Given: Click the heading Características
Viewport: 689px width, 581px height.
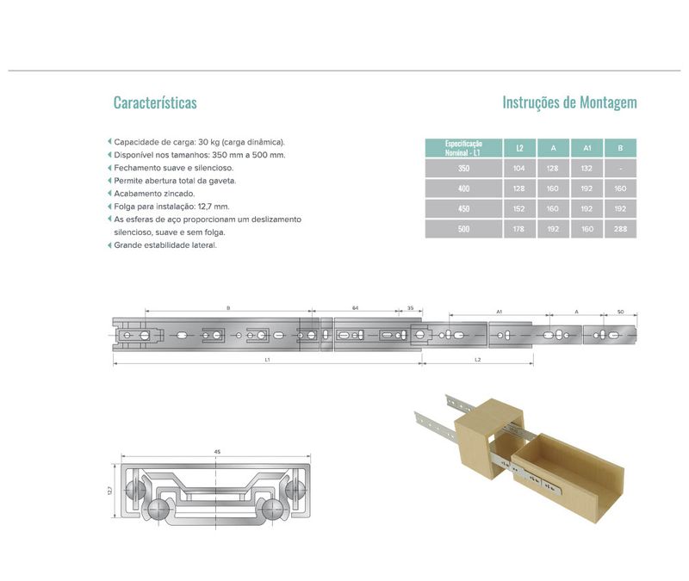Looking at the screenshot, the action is click(x=155, y=102).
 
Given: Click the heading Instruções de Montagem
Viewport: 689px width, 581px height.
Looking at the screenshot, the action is click(x=569, y=102).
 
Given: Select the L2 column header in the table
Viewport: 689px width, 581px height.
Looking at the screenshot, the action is click(x=519, y=148).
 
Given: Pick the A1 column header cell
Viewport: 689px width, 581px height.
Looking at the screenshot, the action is click(x=587, y=148).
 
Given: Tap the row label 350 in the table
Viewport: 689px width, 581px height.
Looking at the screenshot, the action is click(x=463, y=168).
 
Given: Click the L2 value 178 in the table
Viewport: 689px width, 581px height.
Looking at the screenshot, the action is click(x=519, y=229).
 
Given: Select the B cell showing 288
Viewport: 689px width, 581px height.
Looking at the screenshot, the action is click(x=620, y=229).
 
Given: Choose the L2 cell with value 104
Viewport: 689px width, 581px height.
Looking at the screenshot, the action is click(x=519, y=168).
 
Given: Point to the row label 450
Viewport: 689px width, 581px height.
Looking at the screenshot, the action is click(x=463, y=208).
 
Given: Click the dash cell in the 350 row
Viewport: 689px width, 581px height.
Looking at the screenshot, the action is click(x=620, y=168).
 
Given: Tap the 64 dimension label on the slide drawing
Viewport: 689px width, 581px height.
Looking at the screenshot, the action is click(x=355, y=308).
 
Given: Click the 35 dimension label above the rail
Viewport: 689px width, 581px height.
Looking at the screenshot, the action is click(x=410, y=308).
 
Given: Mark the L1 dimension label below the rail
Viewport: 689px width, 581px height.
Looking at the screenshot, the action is click(x=267, y=360).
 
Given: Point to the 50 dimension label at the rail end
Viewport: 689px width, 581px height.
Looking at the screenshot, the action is click(x=620, y=312).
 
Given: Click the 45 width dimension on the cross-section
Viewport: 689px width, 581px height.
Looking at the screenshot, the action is click(x=217, y=451).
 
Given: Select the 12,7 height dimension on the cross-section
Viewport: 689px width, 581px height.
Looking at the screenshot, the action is click(x=110, y=490).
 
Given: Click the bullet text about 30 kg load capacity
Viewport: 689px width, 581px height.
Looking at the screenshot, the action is click(x=200, y=142).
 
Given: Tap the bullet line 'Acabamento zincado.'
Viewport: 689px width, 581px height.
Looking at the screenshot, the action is click(x=154, y=193).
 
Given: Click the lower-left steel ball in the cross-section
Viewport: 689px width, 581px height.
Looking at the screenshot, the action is click(x=158, y=510).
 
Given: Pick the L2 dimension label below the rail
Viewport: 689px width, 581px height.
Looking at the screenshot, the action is click(x=478, y=360).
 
